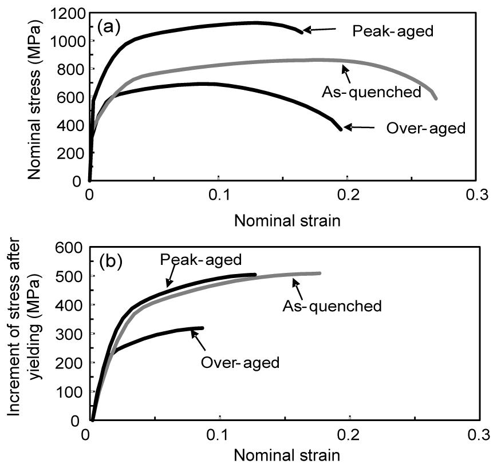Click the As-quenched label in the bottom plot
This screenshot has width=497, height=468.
pos(332,306)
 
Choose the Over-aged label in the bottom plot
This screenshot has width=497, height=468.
pos(240,362)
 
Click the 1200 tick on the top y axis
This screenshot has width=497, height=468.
pos(69,13)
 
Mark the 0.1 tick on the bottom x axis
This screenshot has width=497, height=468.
pos(219,435)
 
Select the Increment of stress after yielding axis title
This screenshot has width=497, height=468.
pos(27,335)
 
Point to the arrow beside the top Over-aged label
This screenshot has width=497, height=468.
pos(357,128)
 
